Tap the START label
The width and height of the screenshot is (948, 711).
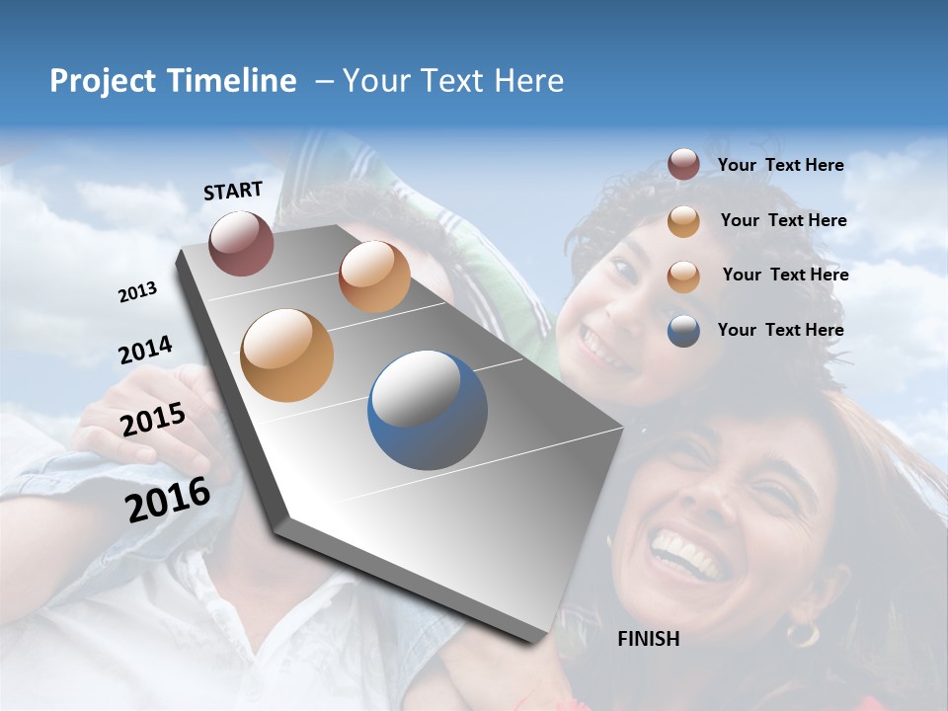233,191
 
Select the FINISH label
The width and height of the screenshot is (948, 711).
648,639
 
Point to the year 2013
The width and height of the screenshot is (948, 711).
137,292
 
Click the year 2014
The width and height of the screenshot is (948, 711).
145,351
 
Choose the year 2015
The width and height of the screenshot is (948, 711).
153,420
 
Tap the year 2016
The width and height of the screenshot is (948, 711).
168,499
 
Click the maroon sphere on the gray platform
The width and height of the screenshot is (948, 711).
241,243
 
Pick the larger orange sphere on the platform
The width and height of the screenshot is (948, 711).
287,355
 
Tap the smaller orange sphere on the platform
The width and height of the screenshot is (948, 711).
374,276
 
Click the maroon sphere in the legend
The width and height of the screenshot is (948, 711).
683,165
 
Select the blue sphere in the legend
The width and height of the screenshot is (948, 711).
683,331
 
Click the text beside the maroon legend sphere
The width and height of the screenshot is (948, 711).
780,165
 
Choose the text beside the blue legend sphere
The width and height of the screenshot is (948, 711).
780,330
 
